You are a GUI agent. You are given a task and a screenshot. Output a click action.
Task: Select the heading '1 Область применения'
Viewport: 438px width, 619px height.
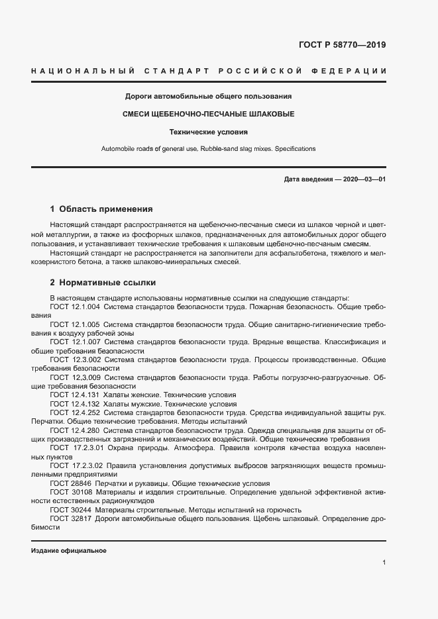click(101, 208)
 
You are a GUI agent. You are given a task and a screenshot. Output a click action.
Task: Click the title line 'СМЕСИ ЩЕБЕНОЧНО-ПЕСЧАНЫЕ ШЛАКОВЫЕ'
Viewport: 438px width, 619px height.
click(209, 114)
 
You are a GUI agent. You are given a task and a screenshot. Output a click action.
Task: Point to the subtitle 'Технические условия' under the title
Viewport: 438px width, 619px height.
click(209, 132)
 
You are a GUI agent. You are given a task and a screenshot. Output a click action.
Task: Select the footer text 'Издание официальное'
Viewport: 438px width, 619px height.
click(69, 550)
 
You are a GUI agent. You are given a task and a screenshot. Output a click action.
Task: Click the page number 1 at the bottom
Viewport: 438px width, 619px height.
click(384, 562)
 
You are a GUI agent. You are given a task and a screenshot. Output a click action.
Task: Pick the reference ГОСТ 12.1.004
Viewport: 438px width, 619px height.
click(75, 307)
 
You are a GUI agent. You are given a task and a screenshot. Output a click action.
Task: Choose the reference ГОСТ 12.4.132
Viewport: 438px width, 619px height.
click(75, 403)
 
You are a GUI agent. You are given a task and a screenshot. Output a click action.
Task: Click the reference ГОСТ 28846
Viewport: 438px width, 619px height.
click(68, 483)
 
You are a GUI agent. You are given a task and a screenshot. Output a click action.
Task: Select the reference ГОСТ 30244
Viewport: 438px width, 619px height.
click(68, 510)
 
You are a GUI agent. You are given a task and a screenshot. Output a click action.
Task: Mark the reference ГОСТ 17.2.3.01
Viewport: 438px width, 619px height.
click(76, 447)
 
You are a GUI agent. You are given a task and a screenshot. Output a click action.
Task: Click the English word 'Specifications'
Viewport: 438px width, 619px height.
click(294, 149)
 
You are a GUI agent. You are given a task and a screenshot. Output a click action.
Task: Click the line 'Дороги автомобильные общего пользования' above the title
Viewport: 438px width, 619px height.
click(209, 97)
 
